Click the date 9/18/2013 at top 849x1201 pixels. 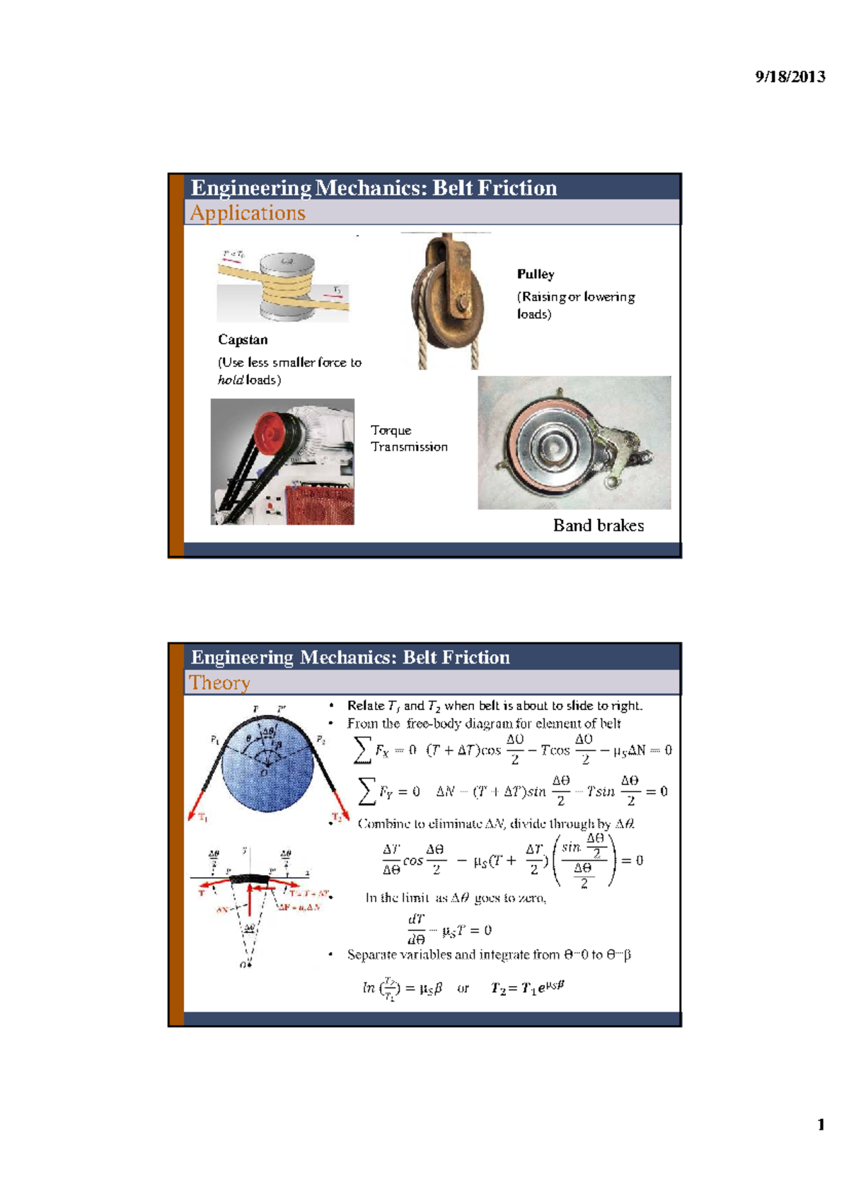(x=790, y=77)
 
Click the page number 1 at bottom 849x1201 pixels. (x=821, y=1125)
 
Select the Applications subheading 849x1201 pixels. (x=248, y=213)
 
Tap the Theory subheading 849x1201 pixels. (x=219, y=683)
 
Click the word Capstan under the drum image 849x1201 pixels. (x=243, y=340)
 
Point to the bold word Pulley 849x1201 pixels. (x=536, y=274)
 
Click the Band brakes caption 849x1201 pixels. (x=599, y=526)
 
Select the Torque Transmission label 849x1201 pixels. (x=408, y=439)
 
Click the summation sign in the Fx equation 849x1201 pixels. (x=362, y=750)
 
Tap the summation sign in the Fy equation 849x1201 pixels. (x=366, y=791)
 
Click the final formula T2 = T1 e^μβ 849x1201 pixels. (x=528, y=988)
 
